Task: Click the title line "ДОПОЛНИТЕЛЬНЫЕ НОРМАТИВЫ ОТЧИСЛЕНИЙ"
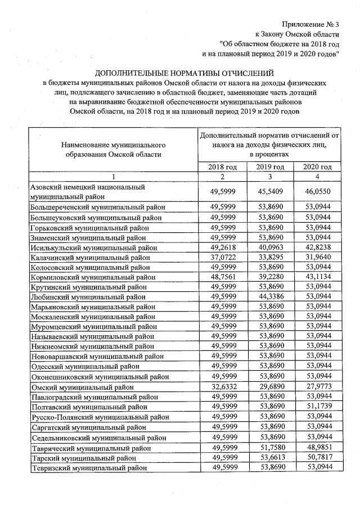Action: pyautogui.click(x=184, y=73)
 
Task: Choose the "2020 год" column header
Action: pyautogui.click(x=317, y=167)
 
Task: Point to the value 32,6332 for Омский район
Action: pyautogui.click(x=222, y=387)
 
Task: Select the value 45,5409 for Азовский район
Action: pyautogui.click(x=270, y=192)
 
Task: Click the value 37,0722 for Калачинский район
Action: pyautogui.click(x=222, y=256)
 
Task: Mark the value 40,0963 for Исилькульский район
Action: pyautogui.click(x=270, y=246)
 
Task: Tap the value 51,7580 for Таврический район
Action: pyautogui.click(x=270, y=447)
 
